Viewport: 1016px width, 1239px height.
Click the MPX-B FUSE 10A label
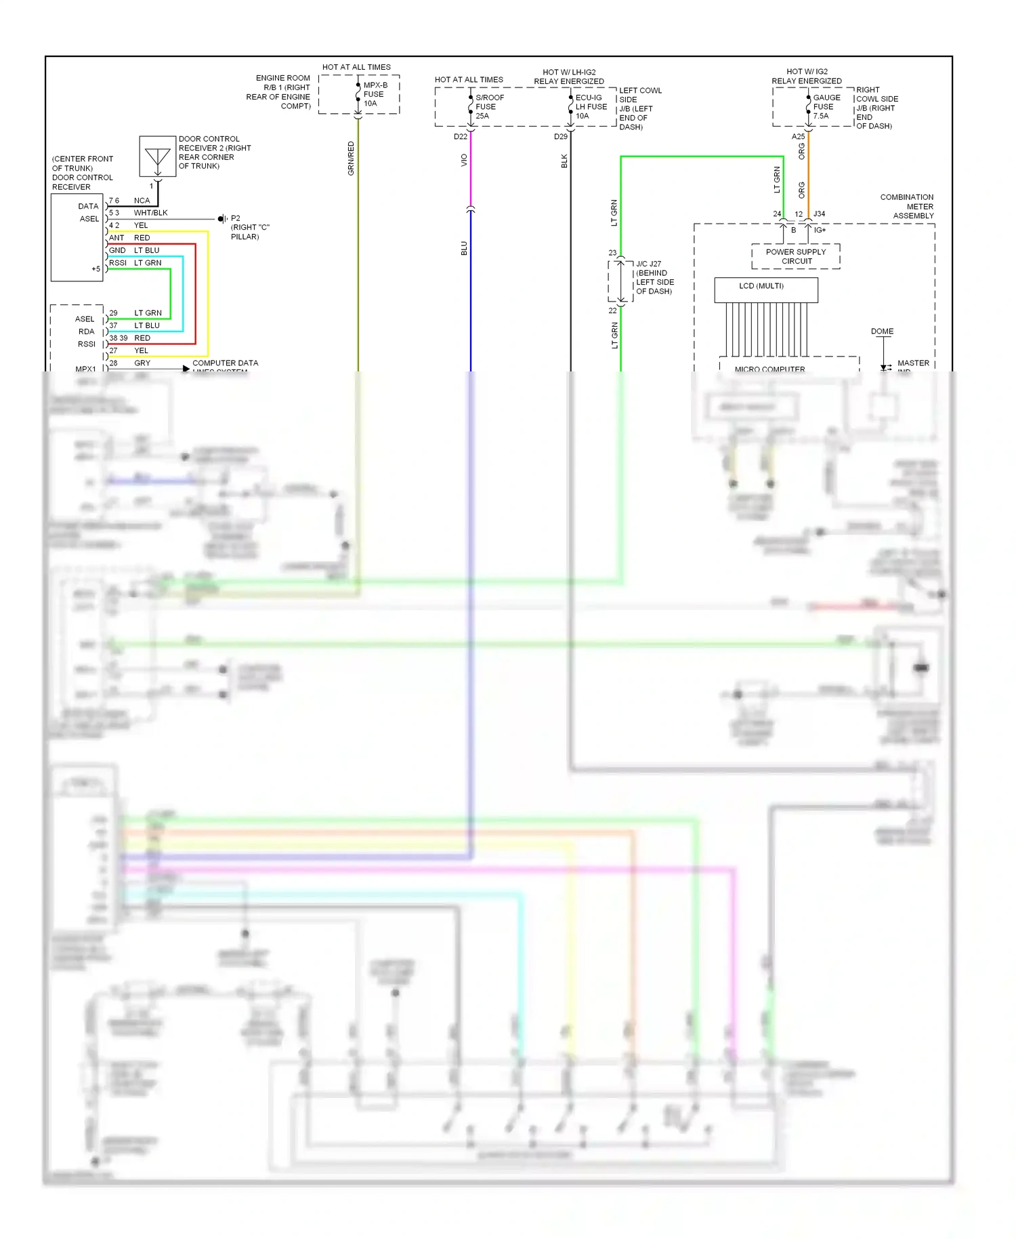tap(375, 94)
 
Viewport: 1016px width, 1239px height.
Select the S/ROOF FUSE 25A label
tap(489, 106)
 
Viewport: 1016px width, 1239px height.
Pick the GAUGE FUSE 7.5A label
tap(826, 106)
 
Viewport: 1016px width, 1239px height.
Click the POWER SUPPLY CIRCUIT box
tap(795, 256)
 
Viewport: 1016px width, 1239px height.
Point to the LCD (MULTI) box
tap(765, 289)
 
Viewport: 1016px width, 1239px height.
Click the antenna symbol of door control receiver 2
tap(157, 157)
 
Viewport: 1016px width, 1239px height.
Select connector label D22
tap(461, 137)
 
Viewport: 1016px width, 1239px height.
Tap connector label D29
tap(560, 137)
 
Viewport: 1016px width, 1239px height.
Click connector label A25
tap(798, 137)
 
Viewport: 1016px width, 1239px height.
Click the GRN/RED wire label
tap(351, 159)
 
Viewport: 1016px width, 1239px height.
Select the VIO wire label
tap(464, 160)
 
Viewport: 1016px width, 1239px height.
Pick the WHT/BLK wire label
tap(150, 213)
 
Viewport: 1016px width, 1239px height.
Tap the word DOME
tap(882, 331)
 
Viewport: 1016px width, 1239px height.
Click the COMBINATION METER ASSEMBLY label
tap(908, 206)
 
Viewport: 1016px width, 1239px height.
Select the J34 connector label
tap(819, 214)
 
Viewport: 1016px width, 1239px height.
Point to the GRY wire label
tap(142, 363)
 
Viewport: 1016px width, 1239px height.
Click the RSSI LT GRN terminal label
tap(135, 263)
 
